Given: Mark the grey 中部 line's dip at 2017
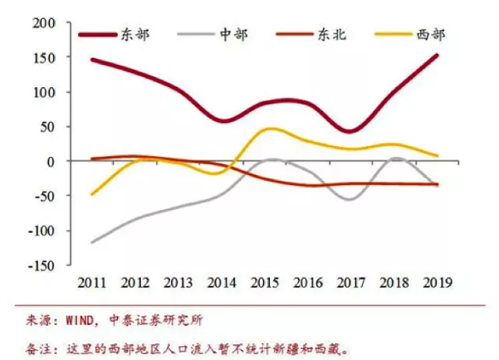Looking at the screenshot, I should [x=350, y=199].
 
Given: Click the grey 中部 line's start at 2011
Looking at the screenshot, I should [x=91, y=242].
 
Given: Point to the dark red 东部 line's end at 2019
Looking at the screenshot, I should [x=437, y=55].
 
